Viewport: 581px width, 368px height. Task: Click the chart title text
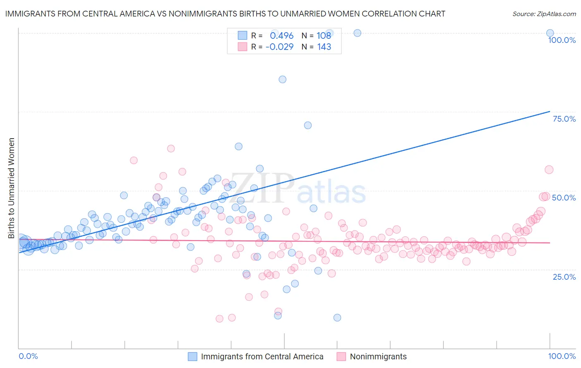(x=225, y=14)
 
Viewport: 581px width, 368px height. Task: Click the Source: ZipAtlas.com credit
(x=544, y=14)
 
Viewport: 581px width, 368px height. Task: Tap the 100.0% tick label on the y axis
(x=562, y=40)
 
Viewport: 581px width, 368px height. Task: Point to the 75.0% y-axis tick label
(x=564, y=119)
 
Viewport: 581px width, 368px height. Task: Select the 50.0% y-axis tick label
(x=564, y=198)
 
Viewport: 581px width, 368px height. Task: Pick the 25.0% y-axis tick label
(x=564, y=277)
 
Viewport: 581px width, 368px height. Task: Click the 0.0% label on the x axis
(x=28, y=356)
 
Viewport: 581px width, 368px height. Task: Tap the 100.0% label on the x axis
(x=562, y=356)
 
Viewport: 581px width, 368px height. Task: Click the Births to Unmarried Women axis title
(x=12, y=188)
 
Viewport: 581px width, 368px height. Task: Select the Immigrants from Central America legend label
(x=262, y=356)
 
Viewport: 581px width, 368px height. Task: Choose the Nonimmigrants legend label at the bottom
(x=378, y=356)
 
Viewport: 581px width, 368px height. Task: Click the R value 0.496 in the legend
(x=282, y=36)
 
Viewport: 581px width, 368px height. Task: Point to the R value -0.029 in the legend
(x=279, y=47)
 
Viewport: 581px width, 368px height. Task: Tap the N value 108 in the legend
(x=324, y=36)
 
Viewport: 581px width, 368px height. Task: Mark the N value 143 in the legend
(x=324, y=47)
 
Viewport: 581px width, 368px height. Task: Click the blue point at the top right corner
(x=550, y=33)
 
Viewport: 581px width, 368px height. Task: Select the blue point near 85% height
(x=282, y=79)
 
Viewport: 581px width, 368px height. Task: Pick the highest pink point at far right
(x=549, y=170)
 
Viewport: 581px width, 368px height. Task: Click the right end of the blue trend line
(x=550, y=111)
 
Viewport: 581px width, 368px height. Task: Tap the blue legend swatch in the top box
(x=242, y=36)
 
